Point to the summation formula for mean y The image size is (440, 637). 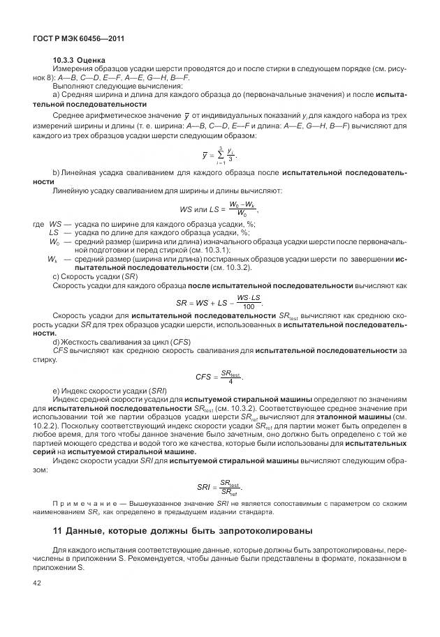219,155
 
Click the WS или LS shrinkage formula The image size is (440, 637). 219,207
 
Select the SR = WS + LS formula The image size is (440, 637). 219,302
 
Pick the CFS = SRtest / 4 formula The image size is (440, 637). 219,377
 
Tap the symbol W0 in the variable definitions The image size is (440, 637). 53,241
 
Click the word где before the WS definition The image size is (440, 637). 39,223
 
